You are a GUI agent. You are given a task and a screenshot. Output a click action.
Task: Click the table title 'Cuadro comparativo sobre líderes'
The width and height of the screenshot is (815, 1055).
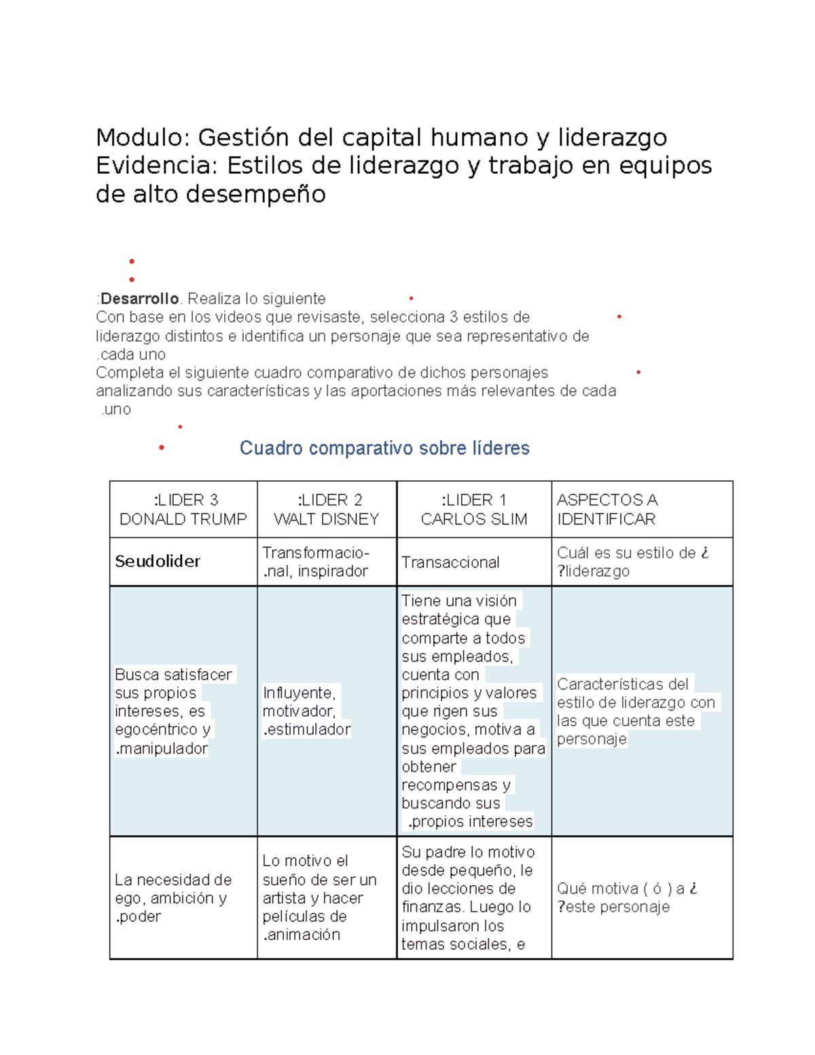click(384, 448)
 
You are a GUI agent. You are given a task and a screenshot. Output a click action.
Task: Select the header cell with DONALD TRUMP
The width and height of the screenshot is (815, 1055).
click(183, 509)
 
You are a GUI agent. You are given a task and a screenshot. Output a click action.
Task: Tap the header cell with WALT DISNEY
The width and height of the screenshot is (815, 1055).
click(327, 509)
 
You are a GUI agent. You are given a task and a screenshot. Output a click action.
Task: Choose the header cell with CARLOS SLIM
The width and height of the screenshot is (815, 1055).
click(474, 509)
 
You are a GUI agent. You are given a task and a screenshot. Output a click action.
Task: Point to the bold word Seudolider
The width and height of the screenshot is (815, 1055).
click(158, 561)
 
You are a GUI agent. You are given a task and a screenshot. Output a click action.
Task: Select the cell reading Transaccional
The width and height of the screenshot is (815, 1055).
click(450, 562)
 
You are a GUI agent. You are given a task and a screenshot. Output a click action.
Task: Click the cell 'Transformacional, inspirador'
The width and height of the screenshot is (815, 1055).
click(316, 562)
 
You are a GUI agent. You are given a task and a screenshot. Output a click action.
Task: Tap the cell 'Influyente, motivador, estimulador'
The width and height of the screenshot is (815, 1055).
click(306, 711)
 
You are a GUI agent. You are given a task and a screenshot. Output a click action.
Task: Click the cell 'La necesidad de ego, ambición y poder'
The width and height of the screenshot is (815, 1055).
click(173, 898)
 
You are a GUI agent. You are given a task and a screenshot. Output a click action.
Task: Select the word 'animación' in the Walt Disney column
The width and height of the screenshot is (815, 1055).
click(304, 935)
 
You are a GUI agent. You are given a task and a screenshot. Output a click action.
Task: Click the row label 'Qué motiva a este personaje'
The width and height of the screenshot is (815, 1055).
click(626, 898)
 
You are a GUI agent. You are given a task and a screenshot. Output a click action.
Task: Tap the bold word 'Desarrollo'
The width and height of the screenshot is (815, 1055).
click(139, 299)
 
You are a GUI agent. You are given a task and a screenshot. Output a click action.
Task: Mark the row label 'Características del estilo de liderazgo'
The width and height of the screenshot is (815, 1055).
click(635, 711)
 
